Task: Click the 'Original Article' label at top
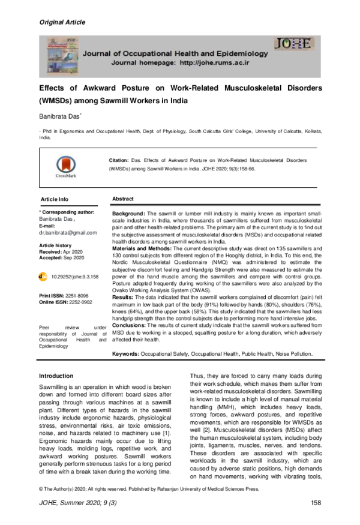[62, 22]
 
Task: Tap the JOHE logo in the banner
[293, 43]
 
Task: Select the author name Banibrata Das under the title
[64, 115]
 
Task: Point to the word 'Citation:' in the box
[118, 161]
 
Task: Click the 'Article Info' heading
[55, 199]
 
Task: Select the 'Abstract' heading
[123, 199]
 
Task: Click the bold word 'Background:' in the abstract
[128, 214]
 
